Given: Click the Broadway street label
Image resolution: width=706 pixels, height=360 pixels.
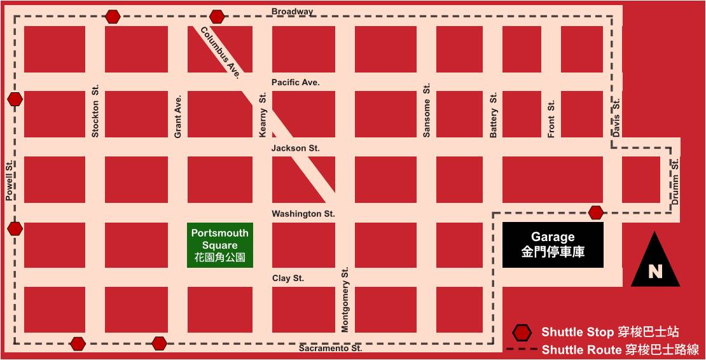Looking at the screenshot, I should pos(292,11).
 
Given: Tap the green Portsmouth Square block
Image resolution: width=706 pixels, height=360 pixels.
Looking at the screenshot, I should pos(219,246).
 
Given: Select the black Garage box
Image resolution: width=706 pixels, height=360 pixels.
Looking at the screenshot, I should pos(553,245).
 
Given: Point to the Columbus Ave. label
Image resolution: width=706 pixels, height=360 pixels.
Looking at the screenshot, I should pos(220,53).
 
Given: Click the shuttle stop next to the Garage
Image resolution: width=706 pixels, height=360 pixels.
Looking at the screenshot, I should pos(596,212).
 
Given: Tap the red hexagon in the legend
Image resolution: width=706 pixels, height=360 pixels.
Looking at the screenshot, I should pos(522,332).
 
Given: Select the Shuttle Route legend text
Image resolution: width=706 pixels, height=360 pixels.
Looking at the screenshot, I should pos(619,349).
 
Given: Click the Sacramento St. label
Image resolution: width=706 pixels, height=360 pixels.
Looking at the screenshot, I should pos(330,349).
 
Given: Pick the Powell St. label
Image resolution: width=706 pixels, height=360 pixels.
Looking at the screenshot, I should pos(10,181).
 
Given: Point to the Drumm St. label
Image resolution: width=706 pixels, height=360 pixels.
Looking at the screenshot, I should pos(675,181).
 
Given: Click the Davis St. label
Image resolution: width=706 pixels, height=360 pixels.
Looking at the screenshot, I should pos(616,116).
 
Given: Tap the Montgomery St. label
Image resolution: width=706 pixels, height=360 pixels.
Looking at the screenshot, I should pos(345,300).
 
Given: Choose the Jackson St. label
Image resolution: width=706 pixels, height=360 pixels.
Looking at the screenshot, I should pos(295,148).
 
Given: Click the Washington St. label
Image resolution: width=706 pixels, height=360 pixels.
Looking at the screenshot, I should pos(303,214).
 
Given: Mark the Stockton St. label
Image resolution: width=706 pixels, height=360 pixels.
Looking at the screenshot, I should pos(95,113).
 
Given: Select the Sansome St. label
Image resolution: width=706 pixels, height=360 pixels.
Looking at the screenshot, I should pos(427,109).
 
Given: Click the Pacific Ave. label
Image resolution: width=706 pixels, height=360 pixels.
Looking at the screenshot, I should pos(295,83).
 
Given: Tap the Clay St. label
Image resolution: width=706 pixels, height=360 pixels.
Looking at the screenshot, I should pos(287,278).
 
